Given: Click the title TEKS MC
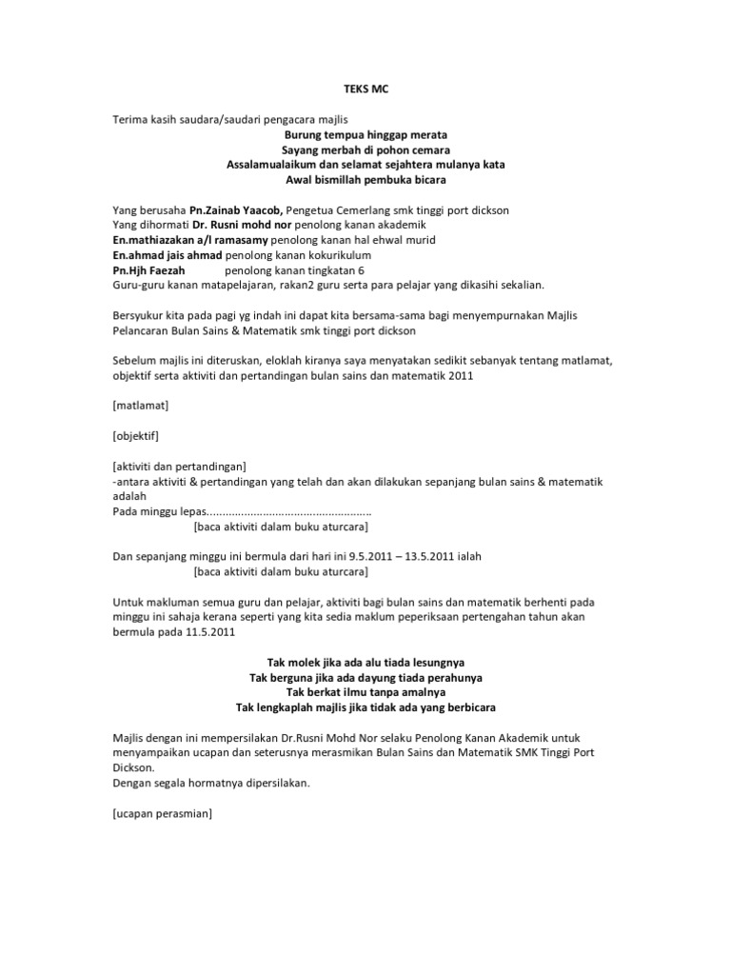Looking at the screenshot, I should click(x=365, y=90).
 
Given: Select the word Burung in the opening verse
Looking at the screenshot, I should click(x=279, y=135).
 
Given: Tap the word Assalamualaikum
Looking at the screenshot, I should click(x=272, y=165).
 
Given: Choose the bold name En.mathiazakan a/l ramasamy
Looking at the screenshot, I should click(x=186, y=240).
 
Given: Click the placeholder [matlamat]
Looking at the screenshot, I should click(x=140, y=406).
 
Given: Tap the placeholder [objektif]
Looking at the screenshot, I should click(x=136, y=436).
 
